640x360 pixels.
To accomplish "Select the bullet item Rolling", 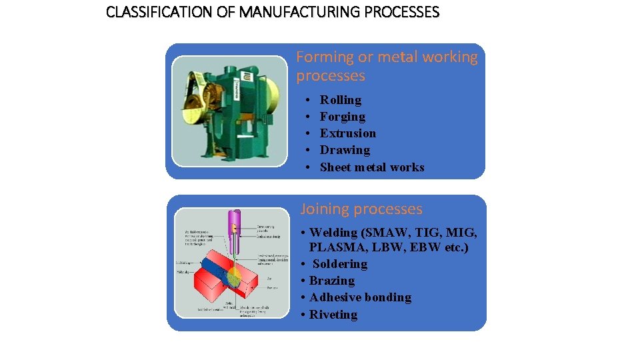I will pos(340,100).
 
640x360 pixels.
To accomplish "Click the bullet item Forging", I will pos(342,117).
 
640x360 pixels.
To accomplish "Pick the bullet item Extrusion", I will pos(347,133).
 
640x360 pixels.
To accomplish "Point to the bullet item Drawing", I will pos(345,150).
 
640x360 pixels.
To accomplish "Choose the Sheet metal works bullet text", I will pos(371,167).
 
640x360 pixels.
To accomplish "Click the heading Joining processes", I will pos(361,209).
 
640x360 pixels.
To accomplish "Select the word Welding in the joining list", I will pos(333,233).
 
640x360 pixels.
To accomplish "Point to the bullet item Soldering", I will pos(340,264).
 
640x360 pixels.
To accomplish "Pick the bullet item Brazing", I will pos(331,281).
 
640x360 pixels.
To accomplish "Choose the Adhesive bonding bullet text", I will pos(360,297).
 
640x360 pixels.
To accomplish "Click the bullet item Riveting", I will pos(333,315).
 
